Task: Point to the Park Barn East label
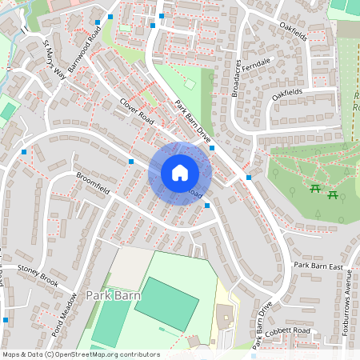(x=318, y=266)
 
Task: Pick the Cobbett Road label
(x=290, y=330)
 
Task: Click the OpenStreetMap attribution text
(x=80, y=354)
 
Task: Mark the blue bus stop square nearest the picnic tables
(x=249, y=178)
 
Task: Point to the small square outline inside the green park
(x=190, y=84)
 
